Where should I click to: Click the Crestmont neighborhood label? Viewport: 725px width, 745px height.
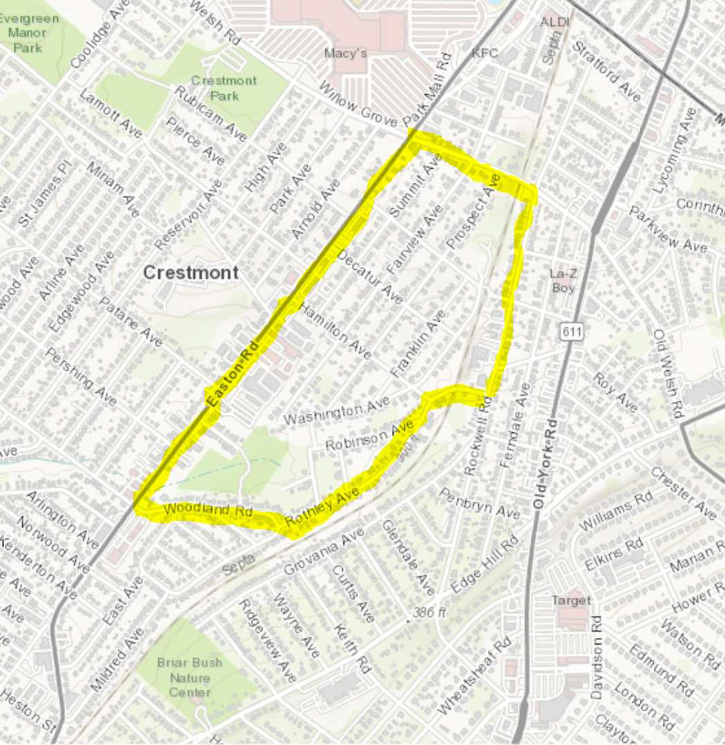coord(190,273)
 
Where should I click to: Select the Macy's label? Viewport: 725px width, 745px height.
coord(345,53)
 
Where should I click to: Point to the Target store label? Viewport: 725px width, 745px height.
coord(571,600)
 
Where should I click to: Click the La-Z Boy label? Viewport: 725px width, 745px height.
coord(563,280)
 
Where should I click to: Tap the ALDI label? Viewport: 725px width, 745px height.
coord(555,22)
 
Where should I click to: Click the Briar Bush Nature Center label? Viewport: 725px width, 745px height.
coord(189,677)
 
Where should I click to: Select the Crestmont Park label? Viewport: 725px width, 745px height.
coord(223,86)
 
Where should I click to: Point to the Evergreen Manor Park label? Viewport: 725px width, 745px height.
coord(30,33)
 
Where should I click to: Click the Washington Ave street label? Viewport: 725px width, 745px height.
coord(333,414)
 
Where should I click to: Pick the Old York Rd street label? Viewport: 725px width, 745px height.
coord(543,464)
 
